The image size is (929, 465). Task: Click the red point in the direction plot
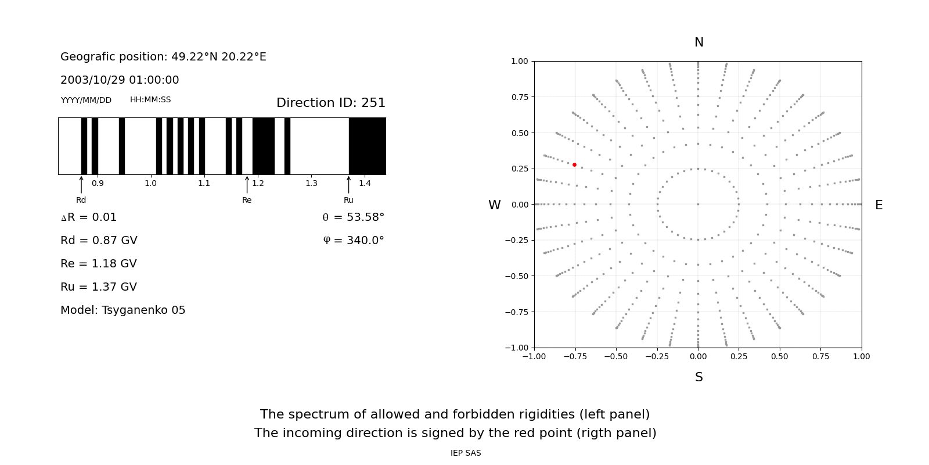point(574,164)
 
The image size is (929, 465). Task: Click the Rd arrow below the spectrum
point(81,185)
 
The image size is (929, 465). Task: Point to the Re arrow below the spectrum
point(247,185)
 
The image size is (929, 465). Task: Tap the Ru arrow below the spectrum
point(348,185)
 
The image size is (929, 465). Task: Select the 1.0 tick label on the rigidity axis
point(150,184)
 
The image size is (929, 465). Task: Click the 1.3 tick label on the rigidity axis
point(311,184)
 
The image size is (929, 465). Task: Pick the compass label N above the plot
point(698,42)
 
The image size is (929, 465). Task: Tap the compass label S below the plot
point(698,377)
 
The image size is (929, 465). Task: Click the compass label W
point(494,205)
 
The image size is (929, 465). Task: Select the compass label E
point(878,205)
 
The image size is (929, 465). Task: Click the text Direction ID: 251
point(330,103)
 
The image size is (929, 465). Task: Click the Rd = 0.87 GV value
point(99,241)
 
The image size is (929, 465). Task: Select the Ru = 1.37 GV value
point(99,287)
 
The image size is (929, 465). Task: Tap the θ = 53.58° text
point(353,217)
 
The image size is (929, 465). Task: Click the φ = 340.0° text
point(353,241)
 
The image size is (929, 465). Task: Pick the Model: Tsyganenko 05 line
point(123,310)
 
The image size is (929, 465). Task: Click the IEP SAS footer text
point(466,453)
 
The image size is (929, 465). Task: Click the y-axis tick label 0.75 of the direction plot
point(519,97)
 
